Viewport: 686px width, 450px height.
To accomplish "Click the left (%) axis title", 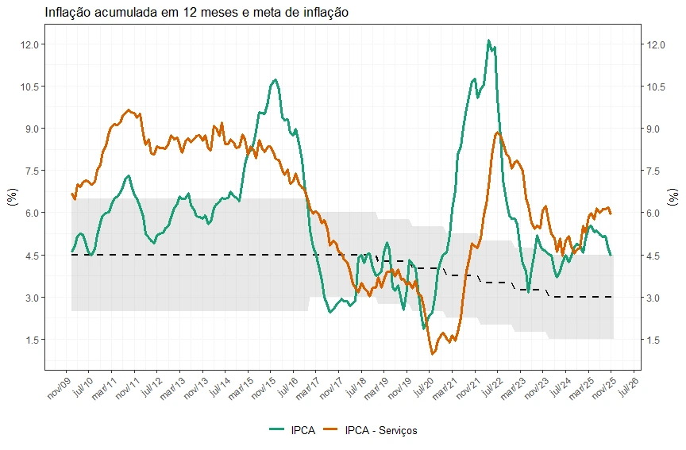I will pyautogui.click(x=12, y=197).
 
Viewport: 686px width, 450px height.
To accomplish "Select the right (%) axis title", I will pyautogui.click(x=673, y=197).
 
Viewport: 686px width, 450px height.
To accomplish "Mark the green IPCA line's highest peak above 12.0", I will pyautogui.click(x=489, y=40).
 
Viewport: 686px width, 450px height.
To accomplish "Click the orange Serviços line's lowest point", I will pyautogui.click(x=432, y=354).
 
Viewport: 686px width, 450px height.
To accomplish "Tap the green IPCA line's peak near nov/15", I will pyautogui.click(x=275, y=79).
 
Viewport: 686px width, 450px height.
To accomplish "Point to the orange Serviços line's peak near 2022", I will pyautogui.click(x=498, y=133).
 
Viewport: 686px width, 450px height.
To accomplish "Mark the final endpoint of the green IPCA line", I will pyautogui.click(x=611, y=255).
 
